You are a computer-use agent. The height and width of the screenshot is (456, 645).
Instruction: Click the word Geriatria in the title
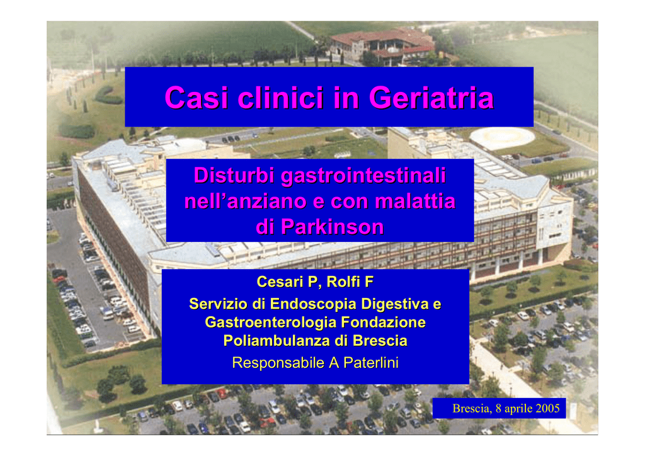(x=431, y=98)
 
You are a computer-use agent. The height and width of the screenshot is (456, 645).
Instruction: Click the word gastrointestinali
(x=363, y=176)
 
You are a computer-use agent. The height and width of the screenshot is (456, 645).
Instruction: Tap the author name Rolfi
(x=345, y=282)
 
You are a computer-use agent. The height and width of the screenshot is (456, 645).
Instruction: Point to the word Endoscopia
(x=312, y=304)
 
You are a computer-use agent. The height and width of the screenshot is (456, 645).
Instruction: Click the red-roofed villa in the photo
(x=382, y=46)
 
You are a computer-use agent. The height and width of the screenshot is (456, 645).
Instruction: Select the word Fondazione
(x=383, y=322)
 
